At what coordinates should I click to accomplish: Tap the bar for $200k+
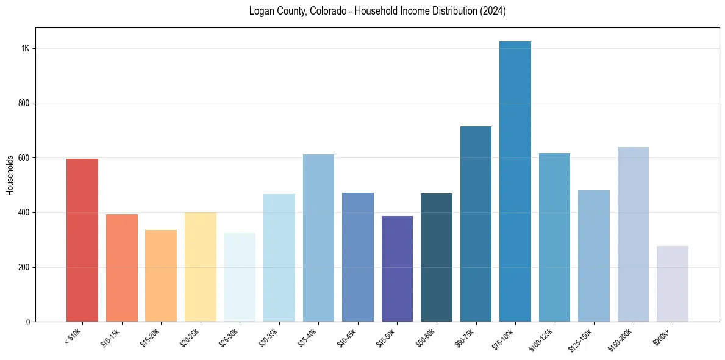(x=672, y=284)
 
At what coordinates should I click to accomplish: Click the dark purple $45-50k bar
(x=397, y=268)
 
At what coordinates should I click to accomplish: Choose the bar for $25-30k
(x=240, y=277)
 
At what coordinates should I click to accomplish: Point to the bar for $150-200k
(x=633, y=234)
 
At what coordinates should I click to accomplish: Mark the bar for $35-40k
(x=318, y=238)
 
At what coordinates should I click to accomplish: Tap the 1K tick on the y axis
(x=26, y=49)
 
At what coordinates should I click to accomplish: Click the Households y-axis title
(x=10, y=175)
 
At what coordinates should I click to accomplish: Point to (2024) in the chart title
(x=493, y=11)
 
